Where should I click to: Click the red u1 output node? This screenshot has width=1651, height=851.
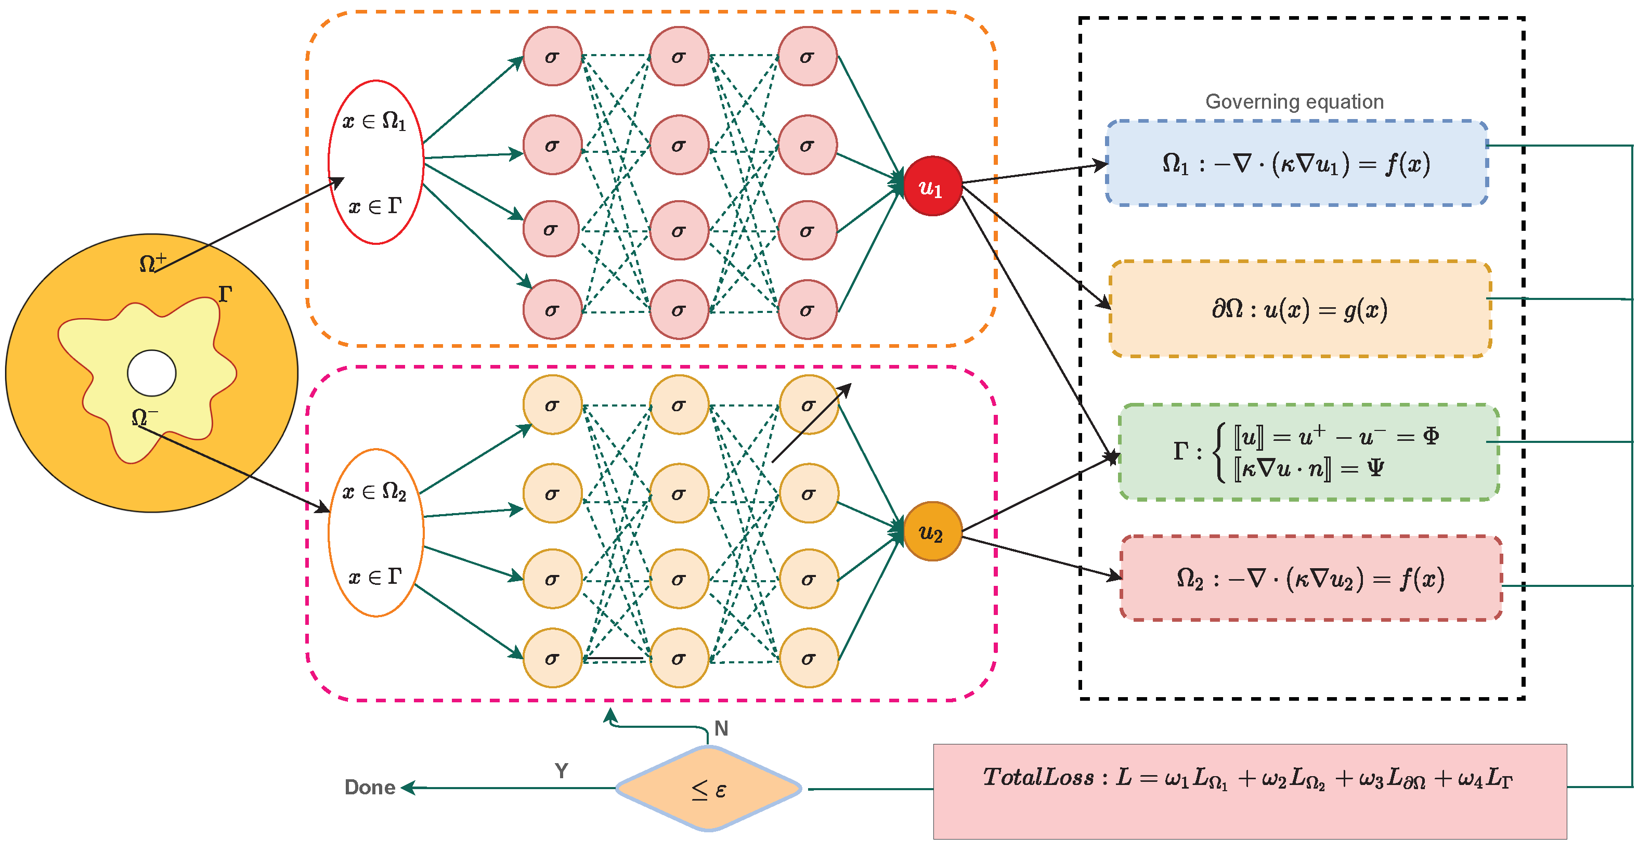pyautogui.click(x=932, y=186)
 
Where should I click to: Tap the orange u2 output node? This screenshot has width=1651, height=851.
pyautogui.click(x=932, y=531)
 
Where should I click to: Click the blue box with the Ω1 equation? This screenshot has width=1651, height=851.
pyautogui.click(x=1296, y=163)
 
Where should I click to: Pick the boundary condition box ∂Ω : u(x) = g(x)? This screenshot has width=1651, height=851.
pyautogui.click(x=1300, y=309)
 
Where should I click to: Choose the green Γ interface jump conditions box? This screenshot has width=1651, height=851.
pyautogui.click(x=1307, y=452)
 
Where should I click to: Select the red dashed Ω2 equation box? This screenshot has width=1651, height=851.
pyautogui.click(x=1311, y=578)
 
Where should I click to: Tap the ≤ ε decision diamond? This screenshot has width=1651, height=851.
pyautogui.click(x=708, y=789)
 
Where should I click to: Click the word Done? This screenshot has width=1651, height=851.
pyautogui.click(x=370, y=787)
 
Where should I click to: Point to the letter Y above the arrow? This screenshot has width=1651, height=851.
pyautogui.click(x=562, y=770)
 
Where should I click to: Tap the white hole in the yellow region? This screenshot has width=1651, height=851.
pyautogui.click(x=152, y=373)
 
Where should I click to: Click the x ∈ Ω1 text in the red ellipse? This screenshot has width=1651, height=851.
pyautogui.click(x=374, y=121)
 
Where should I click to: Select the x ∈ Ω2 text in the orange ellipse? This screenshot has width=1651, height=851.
pyautogui.click(x=374, y=491)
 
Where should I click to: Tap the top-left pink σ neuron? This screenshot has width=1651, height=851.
pyautogui.click(x=552, y=56)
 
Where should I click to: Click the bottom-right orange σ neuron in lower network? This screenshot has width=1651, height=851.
pyautogui.click(x=808, y=658)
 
